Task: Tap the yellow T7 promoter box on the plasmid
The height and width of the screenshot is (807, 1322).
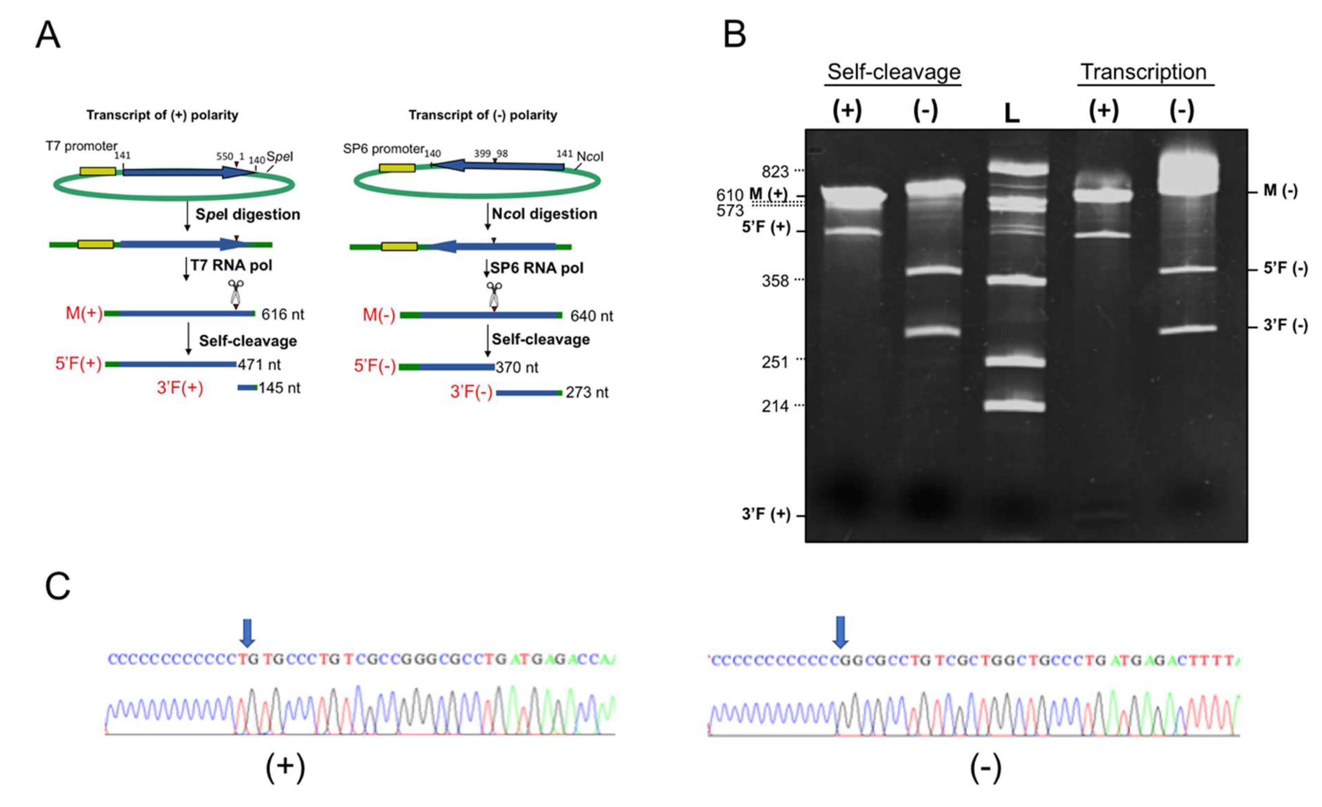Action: (98, 171)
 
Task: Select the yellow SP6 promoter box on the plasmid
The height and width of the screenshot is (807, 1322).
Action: (397, 168)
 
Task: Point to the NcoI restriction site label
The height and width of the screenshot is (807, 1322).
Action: (590, 156)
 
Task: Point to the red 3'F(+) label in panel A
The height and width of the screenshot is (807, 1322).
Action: (180, 388)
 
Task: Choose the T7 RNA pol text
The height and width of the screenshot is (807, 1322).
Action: (231, 265)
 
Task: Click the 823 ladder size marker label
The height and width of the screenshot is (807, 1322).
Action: (775, 172)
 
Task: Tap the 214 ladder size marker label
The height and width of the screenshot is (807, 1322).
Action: (775, 406)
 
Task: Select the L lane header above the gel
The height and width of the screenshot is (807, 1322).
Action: (1012, 113)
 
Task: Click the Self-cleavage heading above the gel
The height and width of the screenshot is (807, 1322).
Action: (893, 72)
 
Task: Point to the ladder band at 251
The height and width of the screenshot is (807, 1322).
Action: (1016, 361)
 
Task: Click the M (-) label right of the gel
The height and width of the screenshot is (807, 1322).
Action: (1280, 191)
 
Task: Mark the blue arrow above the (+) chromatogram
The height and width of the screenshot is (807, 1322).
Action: (247, 632)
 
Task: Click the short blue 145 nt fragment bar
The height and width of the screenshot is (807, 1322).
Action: (247, 388)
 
